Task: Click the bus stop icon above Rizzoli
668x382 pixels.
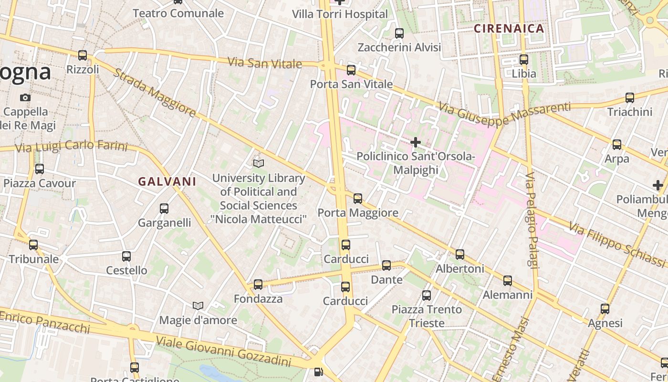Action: [x=83, y=55]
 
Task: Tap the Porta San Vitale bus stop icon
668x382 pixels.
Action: [x=351, y=70]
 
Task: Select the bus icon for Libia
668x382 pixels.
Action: [x=524, y=60]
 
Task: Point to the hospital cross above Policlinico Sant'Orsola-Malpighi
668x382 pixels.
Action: [x=416, y=142]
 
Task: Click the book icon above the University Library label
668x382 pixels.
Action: [x=258, y=164]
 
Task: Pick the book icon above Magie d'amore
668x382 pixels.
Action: [x=198, y=306]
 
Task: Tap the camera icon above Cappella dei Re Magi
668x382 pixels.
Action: [x=25, y=97]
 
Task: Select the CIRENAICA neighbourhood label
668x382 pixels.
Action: [x=509, y=29]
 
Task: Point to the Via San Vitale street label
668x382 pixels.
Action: [x=265, y=63]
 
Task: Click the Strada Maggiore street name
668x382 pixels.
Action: [x=155, y=93]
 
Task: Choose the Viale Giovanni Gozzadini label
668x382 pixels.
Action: [x=224, y=350]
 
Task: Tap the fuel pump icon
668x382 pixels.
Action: [x=318, y=371]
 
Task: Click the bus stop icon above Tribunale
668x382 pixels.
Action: [x=33, y=245]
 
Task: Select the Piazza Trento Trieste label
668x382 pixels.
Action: [x=427, y=316]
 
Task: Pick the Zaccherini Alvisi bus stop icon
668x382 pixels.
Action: [x=399, y=33]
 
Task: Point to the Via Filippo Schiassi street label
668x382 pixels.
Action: [x=617, y=244]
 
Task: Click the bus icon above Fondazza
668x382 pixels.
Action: [x=258, y=285]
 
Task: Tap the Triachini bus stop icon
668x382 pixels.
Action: [x=630, y=98]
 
